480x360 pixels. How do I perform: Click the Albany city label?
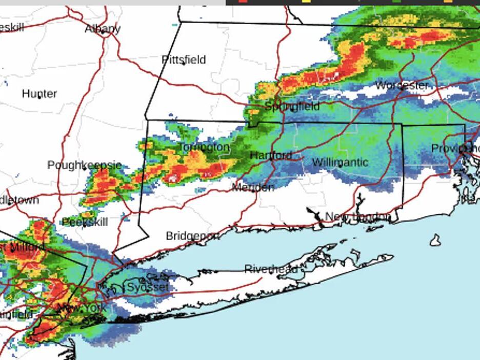tap(103, 29)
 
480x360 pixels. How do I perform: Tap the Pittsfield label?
tap(184, 59)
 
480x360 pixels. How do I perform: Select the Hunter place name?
tap(39, 93)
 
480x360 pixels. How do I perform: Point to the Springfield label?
tap(292, 106)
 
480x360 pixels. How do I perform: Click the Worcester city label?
tap(402, 85)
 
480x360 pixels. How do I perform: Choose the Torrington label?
tap(203, 148)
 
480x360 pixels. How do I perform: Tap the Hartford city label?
tap(271, 155)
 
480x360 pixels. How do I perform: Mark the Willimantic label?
tap(340, 162)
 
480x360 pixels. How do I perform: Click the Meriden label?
tap(253, 187)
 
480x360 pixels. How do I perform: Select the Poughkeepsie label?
tap(84, 165)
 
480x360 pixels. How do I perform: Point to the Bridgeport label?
tap(192, 236)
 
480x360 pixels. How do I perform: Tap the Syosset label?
tap(147, 287)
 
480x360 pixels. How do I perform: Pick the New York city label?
tap(82, 308)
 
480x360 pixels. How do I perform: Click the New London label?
tap(357, 217)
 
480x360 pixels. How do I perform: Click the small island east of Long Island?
tap(435, 240)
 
